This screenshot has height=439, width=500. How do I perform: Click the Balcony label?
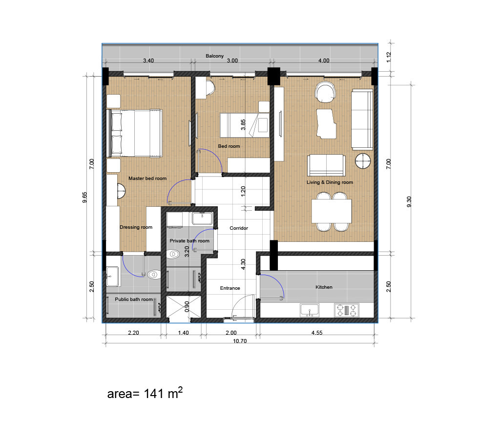[214, 56]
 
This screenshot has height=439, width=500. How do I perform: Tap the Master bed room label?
[147, 179]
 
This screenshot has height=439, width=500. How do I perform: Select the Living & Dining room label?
[330, 182]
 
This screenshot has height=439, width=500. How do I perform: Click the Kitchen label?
[324, 287]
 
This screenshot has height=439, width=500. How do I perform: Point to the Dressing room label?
[136, 227]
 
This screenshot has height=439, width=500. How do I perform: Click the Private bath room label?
[189, 241]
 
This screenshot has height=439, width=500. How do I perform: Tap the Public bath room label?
[134, 299]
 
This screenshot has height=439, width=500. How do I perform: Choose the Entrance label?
[230, 288]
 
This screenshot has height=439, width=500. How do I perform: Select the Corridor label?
[239, 228]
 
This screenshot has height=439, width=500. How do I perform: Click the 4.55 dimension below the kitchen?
[317, 333]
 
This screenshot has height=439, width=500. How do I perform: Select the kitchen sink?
[310, 310]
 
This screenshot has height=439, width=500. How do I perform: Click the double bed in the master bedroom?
[136, 133]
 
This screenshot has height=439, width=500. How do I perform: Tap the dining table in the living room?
[332, 211]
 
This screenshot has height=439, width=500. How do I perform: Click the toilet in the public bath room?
[154, 275]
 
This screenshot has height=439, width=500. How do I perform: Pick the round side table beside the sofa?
[363, 160]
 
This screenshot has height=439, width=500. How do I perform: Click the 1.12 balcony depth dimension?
[389, 57]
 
